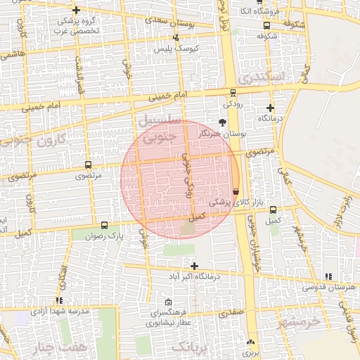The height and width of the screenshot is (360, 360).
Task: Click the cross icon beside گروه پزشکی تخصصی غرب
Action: [76, 11]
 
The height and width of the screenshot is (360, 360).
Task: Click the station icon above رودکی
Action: [233, 93]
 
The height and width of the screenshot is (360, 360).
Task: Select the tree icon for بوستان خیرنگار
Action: [223, 122]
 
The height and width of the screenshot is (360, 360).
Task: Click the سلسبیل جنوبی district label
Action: [162, 130]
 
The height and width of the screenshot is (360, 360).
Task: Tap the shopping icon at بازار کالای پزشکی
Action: [236, 191]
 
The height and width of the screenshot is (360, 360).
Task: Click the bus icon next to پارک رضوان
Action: [105, 226]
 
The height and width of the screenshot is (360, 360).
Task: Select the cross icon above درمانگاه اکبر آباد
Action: [194, 266]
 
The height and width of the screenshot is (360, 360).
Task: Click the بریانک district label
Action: [191, 347]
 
